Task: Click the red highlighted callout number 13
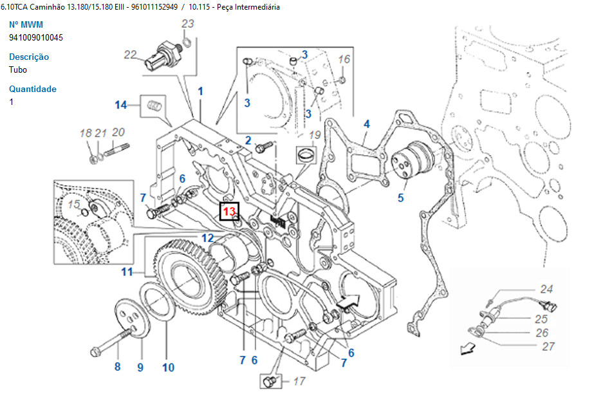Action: pos(230,210)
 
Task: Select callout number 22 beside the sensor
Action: pos(131,55)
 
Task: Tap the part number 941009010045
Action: pos(36,37)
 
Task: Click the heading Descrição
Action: pos(29,57)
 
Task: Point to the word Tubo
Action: pos(18,70)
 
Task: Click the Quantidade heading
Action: pos(33,89)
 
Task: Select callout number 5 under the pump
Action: pos(400,198)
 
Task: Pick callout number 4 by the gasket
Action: pos(366,124)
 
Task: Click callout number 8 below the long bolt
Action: pos(117,367)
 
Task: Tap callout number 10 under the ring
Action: pos(168,368)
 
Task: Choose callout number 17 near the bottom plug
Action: pos(299,382)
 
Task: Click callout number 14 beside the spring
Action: pos(122,105)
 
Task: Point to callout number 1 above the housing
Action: pos(200,91)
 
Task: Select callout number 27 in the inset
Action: pos(548,347)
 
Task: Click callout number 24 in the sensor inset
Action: pos(546,290)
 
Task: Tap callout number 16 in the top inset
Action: pos(344,60)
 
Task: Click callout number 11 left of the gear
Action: pos(127,272)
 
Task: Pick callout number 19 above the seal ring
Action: pos(315,135)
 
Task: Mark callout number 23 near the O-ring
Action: pos(187,24)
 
